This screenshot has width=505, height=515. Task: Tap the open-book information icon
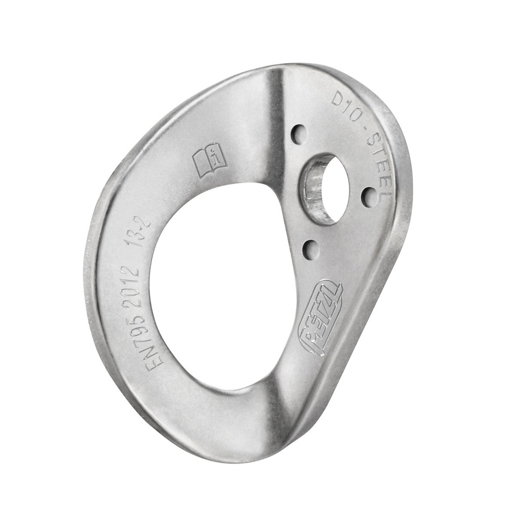(x=209, y=160)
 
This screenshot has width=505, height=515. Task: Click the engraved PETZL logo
(x=321, y=317)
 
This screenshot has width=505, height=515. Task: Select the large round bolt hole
(x=326, y=189)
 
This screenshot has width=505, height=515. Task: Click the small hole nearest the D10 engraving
(x=299, y=134)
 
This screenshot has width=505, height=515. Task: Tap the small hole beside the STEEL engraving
(x=370, y=197)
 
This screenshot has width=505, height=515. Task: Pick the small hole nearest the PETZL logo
(x=311, y=249)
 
